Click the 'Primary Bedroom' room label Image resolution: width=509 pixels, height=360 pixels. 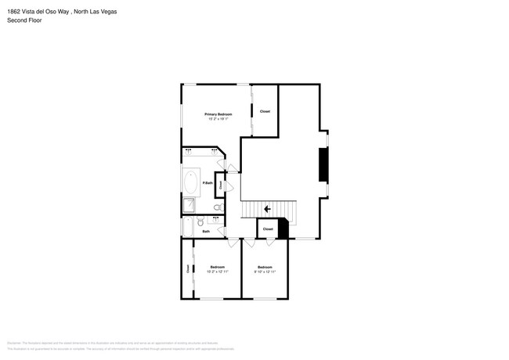coord(218,114)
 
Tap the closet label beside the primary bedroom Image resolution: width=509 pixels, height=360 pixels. coord(265,112)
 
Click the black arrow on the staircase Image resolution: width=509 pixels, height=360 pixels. coord(268,209)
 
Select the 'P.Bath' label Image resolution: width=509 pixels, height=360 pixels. coord(208,183)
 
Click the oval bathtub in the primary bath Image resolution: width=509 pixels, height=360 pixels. coord(193,182)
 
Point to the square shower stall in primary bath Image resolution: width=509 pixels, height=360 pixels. coord(190,205)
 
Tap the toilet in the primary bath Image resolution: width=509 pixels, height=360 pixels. coord(217,207)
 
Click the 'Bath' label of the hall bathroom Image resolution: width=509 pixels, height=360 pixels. coord(206,232)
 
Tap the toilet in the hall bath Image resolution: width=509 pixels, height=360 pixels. coord(200,223)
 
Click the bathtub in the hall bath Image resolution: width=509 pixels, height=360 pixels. coord(187,227)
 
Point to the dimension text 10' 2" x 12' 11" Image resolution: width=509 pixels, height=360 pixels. coord(217,272)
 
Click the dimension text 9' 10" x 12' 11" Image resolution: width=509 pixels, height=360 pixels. coord(265,272)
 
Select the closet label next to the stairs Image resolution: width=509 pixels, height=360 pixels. coord(268,229)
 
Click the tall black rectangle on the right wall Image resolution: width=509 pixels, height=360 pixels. coord(320,165)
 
